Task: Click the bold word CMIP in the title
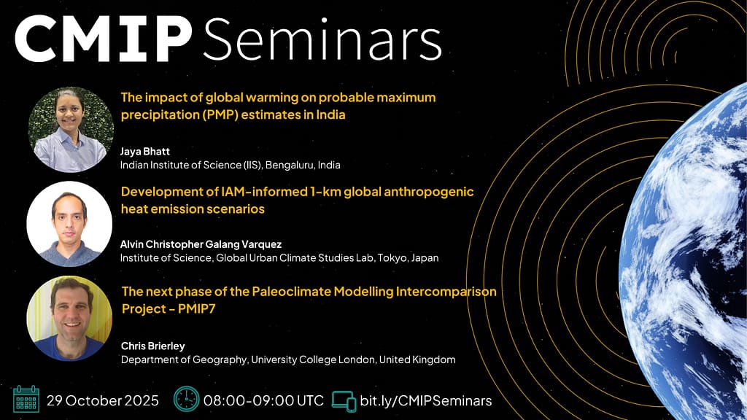pyautogui.click(x=104, y=39)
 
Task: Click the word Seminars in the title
pyautogui.click(x=322, y=39)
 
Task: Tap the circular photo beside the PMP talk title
pyautogui.click(x=71, y=130)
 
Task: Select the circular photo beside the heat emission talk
pyautogui.click(x=69, y=224)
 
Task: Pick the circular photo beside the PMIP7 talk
pyautogui.click(x=69, y=318)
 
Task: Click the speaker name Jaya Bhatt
pyautogui.click(x=145, y=152)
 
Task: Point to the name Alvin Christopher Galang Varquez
pyautogui.click(x=201, y=244)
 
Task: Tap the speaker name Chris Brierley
pyautogui.click(x=153, y=346)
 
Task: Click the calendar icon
pyautogui.click(x=26, y=399)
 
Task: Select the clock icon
pyautogui.click(x=186, y=399)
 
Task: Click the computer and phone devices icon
pyautogui.click(x=344, y=401)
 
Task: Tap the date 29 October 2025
pyautogui.click(x=102, y=400)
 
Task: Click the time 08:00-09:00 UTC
pyautogui.click(x=263, y=400)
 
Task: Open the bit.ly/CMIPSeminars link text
pyautogui.click(x=426, y=400)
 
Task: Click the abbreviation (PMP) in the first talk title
pyautogui.click(x=222, y=114)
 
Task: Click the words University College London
pyautogui.click(x=314, y=360)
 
